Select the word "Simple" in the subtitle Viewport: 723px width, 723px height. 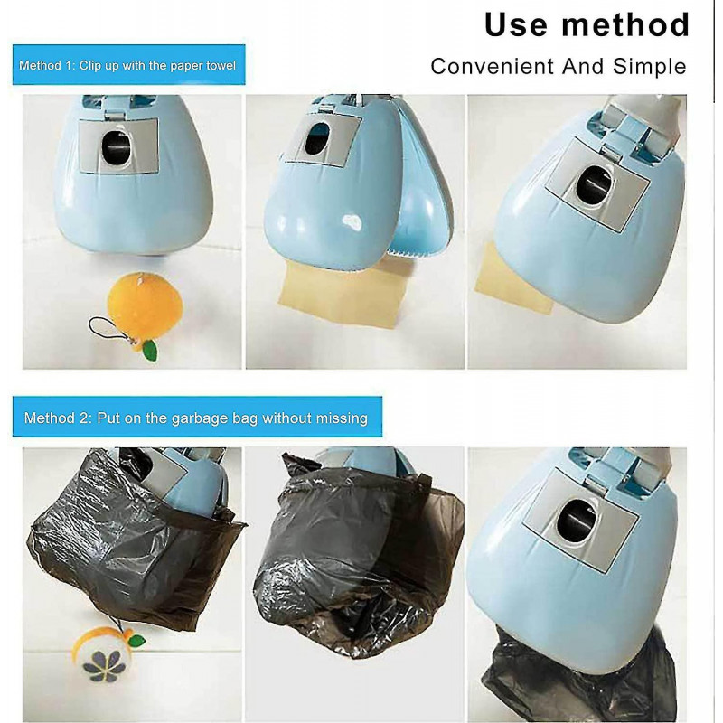651,66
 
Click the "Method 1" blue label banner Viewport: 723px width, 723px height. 130,66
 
